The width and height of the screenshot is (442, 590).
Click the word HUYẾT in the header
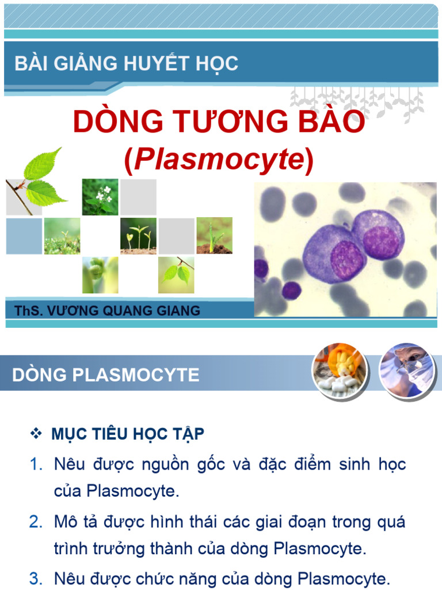tap(151, 64)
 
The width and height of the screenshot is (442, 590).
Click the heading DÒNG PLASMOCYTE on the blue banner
tap(106, 375)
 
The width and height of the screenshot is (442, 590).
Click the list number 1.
tap(36, 464)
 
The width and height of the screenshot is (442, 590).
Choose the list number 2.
tap(36, 522)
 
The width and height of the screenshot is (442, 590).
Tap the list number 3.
tap(36, 577)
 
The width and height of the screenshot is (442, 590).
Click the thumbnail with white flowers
tap(100, 196)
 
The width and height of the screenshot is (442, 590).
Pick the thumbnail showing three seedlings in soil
tap(138, 235)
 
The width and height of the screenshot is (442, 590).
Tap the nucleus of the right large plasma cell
tap(382, 242)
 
